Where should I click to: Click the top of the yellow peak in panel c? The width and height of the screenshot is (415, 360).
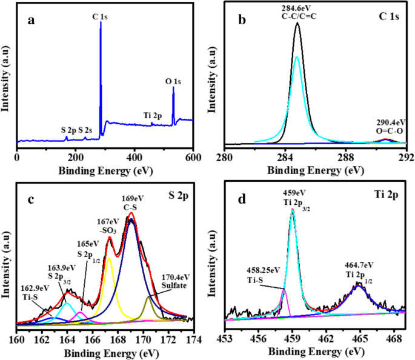(x=109, y=258)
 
